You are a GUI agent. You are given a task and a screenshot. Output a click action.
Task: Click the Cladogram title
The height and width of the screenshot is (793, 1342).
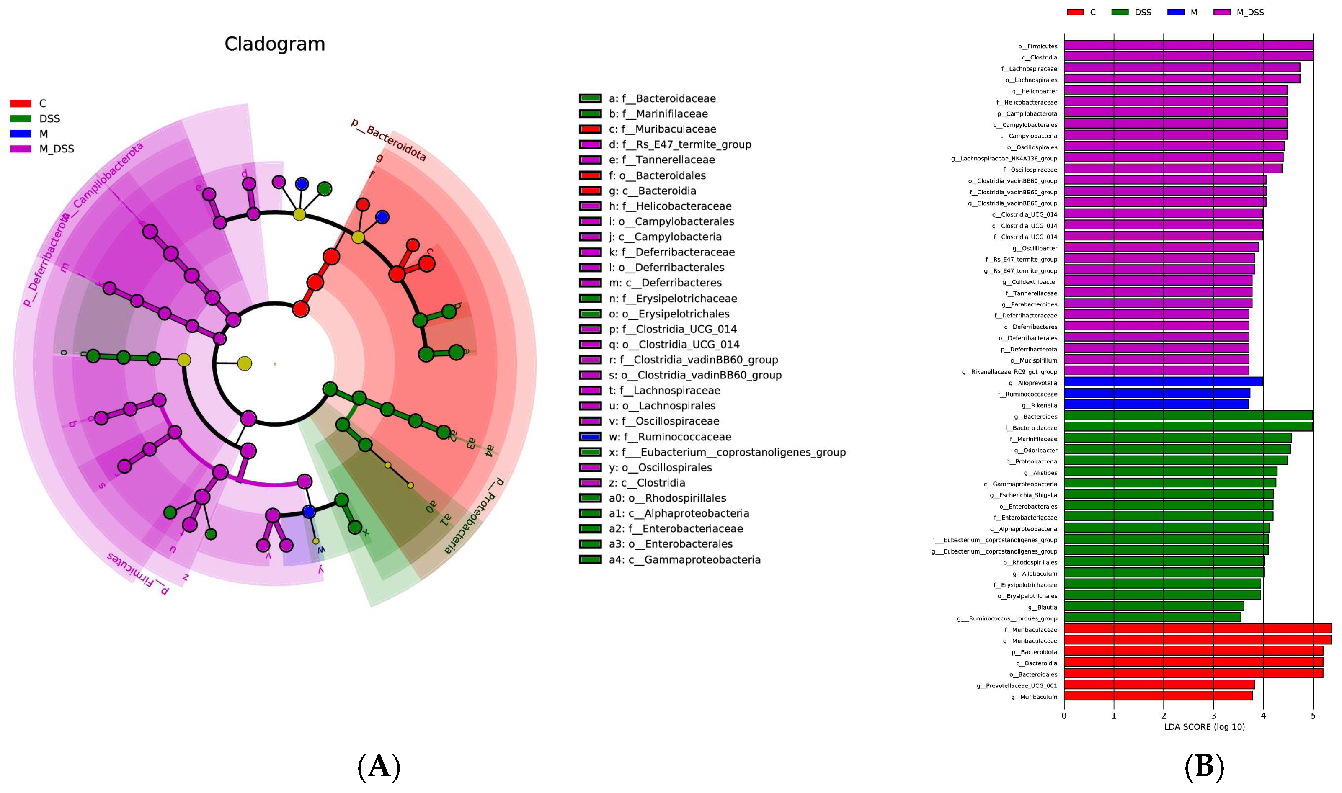point(274,44)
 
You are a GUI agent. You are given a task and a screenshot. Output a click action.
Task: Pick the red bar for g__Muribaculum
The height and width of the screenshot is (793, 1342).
point(1157,696)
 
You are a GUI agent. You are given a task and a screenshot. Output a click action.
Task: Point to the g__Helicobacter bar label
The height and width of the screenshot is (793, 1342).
point(1034,91)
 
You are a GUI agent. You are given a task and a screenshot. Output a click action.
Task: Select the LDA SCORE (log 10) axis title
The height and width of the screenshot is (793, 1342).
point(1204,727)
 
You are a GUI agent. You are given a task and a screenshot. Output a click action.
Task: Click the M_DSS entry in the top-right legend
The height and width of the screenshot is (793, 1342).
point(1249,12)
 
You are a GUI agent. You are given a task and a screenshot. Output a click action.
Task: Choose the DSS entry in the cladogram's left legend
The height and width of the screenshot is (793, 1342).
point(49,118)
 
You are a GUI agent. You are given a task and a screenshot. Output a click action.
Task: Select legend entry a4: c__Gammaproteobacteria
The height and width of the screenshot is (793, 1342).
point(684,559)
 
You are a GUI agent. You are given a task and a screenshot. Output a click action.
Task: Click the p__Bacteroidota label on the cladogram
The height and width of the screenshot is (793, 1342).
point(389,140)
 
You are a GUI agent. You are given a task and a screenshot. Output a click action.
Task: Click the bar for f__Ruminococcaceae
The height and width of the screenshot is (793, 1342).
point(1156,393)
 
